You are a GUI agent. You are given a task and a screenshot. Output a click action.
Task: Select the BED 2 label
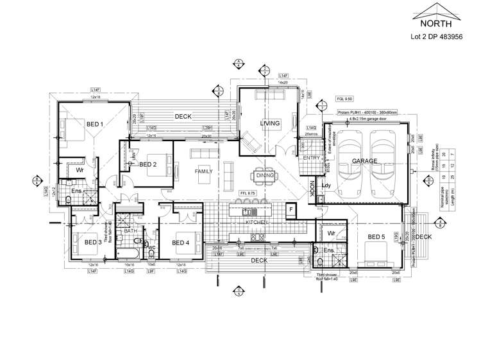(148, 164)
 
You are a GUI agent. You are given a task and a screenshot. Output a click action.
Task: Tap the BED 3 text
(93, 242)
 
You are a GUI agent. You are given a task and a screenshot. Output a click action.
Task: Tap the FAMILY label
(205, 171)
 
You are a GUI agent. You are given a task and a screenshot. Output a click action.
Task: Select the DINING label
(265, 175)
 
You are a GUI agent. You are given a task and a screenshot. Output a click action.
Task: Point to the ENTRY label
(311, 158)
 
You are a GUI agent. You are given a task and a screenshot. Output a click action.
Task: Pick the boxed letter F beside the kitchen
(291, 209)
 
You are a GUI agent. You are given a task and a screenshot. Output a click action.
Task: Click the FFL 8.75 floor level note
(248, 193)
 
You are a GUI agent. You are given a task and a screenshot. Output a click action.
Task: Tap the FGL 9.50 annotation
(345, 100)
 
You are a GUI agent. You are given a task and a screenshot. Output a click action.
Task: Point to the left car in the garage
(350, 160)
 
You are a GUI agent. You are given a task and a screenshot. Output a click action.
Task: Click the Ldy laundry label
(326, 187)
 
